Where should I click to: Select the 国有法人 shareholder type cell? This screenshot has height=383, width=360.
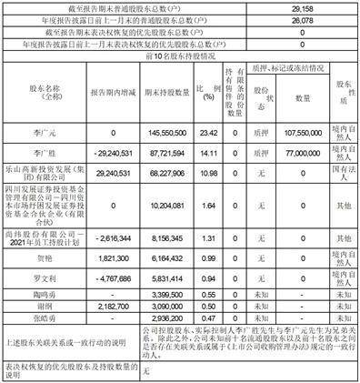pyautogui.click(x=344, y=172)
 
